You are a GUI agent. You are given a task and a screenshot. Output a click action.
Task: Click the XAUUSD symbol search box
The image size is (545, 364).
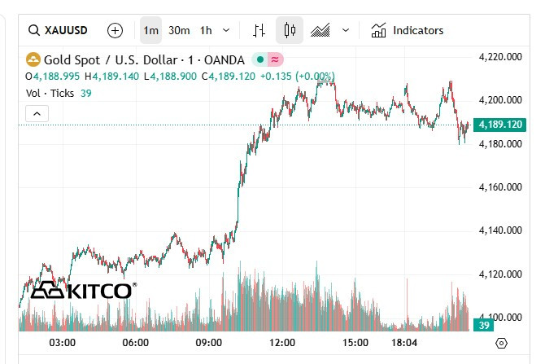pos(59,30)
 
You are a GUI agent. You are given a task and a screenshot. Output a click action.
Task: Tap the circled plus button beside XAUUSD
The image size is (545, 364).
pos(116,30)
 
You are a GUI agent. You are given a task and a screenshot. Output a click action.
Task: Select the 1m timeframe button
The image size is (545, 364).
pos(150,30)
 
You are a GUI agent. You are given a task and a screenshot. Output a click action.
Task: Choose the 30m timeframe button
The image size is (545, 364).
pos(179,30)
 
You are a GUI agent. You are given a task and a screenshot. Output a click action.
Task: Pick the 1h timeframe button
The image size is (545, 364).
pos(206,30)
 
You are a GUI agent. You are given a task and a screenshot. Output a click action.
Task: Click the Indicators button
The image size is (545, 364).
pos(408,30)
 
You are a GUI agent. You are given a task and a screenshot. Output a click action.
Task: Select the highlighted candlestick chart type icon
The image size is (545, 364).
pos(289,30)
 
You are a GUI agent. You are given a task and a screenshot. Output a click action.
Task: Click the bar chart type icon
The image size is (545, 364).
pos(259,30)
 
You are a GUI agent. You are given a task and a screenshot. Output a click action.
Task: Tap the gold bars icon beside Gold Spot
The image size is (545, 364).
pos(33,59)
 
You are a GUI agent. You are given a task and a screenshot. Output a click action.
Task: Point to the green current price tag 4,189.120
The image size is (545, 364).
pos(501,125)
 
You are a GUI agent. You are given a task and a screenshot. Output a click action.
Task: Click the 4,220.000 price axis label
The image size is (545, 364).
pos(501,57)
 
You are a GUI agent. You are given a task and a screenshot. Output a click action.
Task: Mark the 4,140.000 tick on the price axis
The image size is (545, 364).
pos(501,230)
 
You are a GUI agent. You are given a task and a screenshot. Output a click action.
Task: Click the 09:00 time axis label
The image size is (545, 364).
pos(209,343)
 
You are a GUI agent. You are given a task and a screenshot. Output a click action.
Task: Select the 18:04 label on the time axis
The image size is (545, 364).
pos(404,343)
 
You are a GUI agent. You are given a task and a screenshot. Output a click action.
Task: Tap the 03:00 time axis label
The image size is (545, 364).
pos(63,343)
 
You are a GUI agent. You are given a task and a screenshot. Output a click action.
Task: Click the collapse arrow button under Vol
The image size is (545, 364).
pos(37,114)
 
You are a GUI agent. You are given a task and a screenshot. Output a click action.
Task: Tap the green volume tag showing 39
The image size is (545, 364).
pos(483,325)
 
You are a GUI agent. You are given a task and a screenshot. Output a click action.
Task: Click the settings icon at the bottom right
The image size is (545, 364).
pos(501,343)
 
